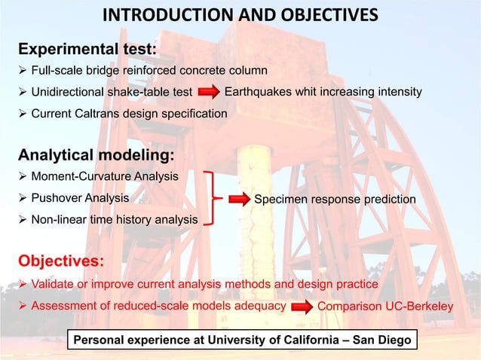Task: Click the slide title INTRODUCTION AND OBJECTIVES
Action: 240,16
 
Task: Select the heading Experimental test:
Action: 87,50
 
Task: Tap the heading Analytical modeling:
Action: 97,156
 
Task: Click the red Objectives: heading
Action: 60,261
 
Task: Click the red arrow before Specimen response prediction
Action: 236,200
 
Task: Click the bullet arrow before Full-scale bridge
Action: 23,71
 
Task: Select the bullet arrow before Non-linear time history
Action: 23,220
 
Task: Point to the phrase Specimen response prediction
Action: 335,200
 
